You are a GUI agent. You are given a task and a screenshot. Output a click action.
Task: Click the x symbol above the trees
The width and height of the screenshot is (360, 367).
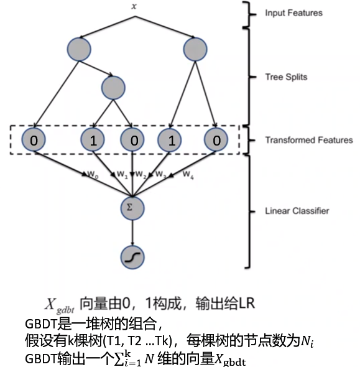coord(133,6)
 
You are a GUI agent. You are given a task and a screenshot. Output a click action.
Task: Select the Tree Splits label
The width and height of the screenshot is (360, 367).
coord(286,77)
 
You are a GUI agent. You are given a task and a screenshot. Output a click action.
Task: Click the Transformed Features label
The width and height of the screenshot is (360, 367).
coord(309,141)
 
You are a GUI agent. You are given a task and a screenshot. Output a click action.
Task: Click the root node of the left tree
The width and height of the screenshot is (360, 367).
coord(78,49)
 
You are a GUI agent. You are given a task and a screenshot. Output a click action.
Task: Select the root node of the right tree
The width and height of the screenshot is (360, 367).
coord(195,49)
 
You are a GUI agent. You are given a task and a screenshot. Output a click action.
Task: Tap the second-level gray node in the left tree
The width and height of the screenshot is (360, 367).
coord(113,88)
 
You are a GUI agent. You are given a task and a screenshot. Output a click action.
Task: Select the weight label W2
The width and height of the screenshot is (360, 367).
coord(141,174)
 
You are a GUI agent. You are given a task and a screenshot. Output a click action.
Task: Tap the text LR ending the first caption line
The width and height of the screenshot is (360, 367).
coord(246,304)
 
